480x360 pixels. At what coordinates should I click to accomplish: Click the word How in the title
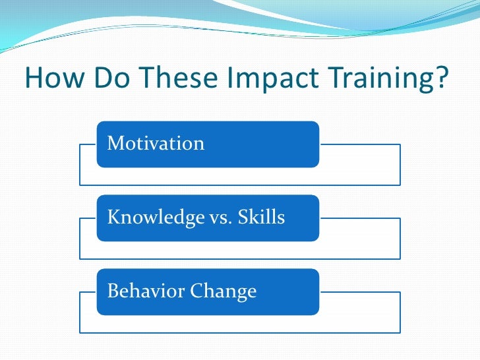54,79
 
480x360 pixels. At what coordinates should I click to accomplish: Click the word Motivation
156,143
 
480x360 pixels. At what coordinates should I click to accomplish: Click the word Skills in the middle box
261,217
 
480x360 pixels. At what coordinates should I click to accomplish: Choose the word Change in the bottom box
224,291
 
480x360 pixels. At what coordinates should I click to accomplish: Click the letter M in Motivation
114,143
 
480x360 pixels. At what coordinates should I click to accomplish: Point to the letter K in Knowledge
113,217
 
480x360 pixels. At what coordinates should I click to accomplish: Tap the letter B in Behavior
112,291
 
